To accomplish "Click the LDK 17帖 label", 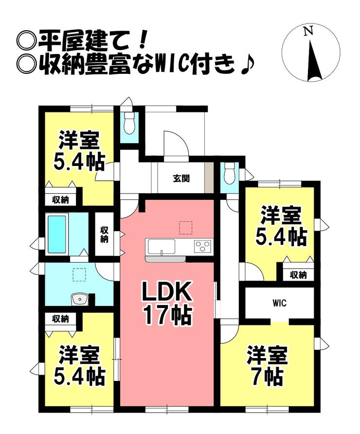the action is point(167,303).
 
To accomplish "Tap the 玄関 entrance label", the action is point(181,179).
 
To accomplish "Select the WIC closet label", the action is point(279,303).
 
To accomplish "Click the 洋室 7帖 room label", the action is point(267,365).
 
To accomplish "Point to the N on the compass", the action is point(308,31).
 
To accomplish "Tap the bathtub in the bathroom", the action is point(57,235).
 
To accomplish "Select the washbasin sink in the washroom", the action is point(80,300).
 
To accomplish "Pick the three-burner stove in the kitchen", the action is point(203,246).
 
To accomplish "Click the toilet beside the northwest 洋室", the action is point(128,123).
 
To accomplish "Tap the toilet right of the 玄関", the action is point(230,174).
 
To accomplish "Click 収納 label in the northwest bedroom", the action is point(61,199).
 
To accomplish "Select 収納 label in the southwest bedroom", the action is point(61,319).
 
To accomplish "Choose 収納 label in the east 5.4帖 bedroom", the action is point(298,275).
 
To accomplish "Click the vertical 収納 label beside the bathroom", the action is point(104,235).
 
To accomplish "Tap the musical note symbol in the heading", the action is point(246,65).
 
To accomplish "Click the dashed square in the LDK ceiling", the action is point(186,228).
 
